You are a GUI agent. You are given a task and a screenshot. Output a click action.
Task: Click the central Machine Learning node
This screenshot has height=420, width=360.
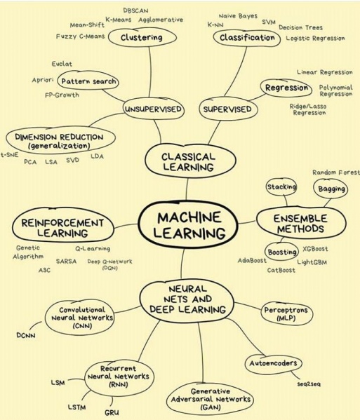[x=188, y=224]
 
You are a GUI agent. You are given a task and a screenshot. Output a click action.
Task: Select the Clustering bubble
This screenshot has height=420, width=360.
[x=142, y=37]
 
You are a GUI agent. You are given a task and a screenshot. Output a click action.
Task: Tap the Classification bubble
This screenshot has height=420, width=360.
[x=247, y=37]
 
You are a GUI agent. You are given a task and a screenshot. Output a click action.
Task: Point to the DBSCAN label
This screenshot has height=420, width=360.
[x=135, y=11]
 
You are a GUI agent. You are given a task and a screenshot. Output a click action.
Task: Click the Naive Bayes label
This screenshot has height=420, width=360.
[x=237, y=15]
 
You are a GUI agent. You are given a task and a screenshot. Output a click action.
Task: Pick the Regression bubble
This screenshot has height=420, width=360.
[x=287, y=88]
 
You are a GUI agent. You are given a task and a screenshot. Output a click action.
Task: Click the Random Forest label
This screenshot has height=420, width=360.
[x=335, y=172]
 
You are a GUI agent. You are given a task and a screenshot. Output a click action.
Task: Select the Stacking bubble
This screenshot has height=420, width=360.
[x=281, y=187]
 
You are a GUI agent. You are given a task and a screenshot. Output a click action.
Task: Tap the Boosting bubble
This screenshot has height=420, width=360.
[x=282, y=252]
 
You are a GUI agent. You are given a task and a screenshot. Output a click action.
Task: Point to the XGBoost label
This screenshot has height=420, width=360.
[x=315, y=249]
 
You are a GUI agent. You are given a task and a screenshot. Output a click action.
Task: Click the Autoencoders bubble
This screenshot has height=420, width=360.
[x=273, y=363]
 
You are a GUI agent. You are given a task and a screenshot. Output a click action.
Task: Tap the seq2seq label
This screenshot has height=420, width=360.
[x=309, y=384]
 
